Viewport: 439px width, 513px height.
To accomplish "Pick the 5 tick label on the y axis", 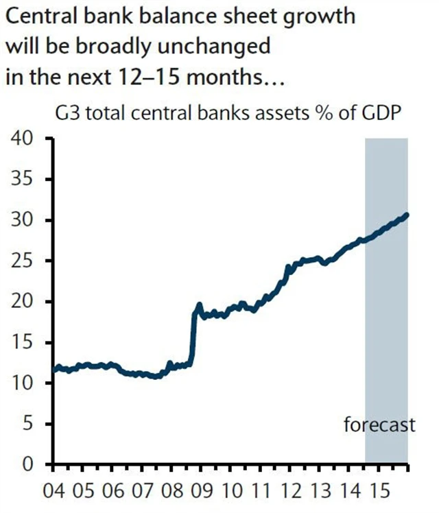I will coord(27,424).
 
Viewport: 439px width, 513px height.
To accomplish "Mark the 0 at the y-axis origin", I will coord(27,464).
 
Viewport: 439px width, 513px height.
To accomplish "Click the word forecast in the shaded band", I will coord(379,425).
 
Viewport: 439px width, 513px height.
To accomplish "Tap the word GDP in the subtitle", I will coord(378,113).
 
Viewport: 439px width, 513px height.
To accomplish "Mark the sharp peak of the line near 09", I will coord(199,304).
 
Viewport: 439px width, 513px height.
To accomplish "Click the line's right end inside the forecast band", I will coord(407,214).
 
